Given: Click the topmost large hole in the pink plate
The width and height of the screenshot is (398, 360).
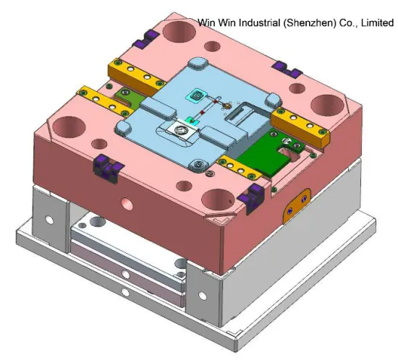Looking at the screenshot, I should click(177, 31).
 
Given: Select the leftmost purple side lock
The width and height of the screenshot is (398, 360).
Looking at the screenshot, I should click(105, 168).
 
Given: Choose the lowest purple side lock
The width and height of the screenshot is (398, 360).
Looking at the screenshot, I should click(255, 193).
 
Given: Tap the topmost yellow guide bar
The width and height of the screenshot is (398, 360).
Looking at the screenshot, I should click(131, 71).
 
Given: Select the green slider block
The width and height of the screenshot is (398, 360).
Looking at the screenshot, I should click(271, 154).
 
